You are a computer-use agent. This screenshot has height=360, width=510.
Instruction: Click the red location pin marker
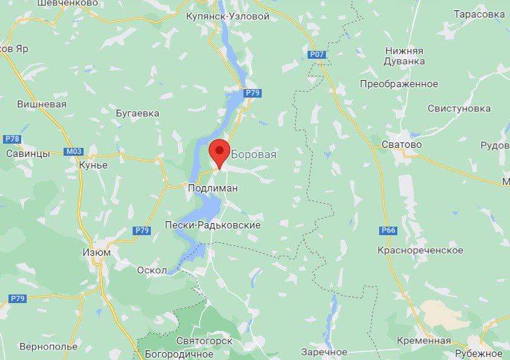[x=219, y=152]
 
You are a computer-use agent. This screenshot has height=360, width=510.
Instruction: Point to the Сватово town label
[x=402, y=145]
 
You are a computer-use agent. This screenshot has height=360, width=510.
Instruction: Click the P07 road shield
[x=317, y=55]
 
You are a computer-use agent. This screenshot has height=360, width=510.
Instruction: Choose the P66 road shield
[x=388, y=230]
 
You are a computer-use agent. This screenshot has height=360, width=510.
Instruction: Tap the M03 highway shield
[x=73, y=152]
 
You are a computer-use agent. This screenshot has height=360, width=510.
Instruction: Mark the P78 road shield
[x=12, y=139]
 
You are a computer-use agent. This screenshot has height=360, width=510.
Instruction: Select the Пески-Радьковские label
[x=213, y=225]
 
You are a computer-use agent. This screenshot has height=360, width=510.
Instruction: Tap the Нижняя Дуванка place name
[x=403, y=56]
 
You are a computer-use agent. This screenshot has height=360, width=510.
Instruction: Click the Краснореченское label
[x=420, y=250]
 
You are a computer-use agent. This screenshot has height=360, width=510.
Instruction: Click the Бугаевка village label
[x=137, y=113]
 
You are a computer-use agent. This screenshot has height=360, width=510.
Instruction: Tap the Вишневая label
[x=41, y=104]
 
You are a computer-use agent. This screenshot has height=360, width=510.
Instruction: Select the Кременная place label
[x=425, y=341]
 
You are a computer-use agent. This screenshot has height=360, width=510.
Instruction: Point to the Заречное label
[x=324, y=352]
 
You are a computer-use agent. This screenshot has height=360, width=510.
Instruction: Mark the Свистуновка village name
[x=459, y=108]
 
